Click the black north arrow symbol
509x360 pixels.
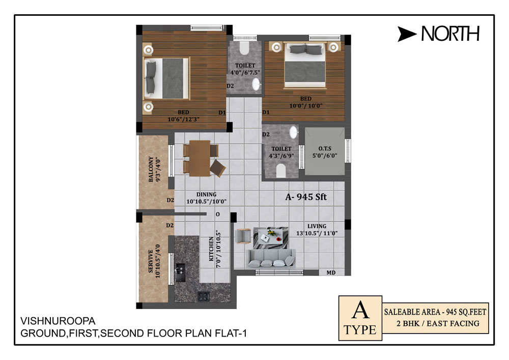coord(406,34)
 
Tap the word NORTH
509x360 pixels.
coord(450,34)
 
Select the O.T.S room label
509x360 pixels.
coord(325,148)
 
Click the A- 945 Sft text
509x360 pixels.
coord(306,197)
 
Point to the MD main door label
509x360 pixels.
coord(331,273)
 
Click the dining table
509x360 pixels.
coord(200,158)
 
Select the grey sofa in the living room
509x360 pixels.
coord(272,258)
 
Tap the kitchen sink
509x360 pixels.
coord(180,272)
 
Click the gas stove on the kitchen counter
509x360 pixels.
coord(204,296)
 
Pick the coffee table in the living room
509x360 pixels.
coord(271,238)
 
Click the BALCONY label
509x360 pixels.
coord(151,169)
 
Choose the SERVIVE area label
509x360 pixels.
coord(151,261)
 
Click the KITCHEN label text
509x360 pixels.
coord(211,249)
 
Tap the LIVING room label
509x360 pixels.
coord(317,226)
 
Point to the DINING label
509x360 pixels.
coord(207,195)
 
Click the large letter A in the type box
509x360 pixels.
coord(360,310)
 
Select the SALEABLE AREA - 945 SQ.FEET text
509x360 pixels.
coord(435,312)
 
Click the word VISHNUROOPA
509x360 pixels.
coord(58,321)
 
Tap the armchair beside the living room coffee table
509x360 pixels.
coord(243,236)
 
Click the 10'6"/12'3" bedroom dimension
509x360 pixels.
coord(183,119)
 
